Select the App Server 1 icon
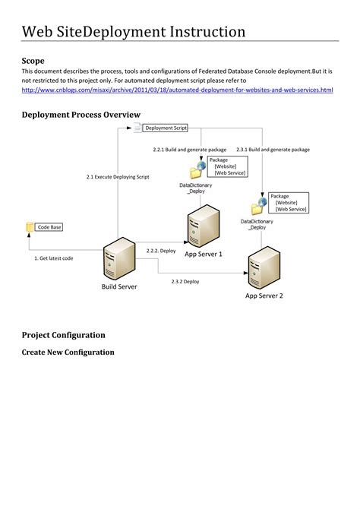[x=203, y=226]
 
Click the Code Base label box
[x=49, y=227]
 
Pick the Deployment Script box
[x=165, y=128]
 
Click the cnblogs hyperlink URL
[x=177, y=90]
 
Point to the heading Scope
[x=33, y=60]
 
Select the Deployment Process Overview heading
[x=81, y=114]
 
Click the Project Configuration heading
[x=63, y=334]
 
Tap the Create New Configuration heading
[x=68, y=352]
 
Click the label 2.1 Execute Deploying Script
[x=118, y=176]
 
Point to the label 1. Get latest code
[x=54, y=258]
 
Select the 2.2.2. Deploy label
[x=161, y=250]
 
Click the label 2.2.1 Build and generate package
[x=189, y=150]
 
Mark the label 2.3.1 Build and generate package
[x=273, y=150]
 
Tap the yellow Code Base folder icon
[x=30, y=227]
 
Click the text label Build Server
[x=119, y=286]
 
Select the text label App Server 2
[x=264, y=296]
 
